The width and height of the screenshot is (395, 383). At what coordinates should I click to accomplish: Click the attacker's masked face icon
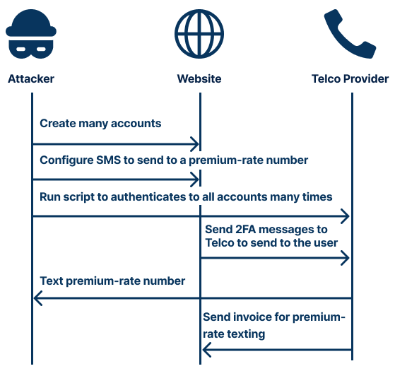pos(31,35)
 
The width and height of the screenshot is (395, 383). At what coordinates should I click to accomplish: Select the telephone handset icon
pos(349,35)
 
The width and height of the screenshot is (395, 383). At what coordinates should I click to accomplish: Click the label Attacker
pos(31,78)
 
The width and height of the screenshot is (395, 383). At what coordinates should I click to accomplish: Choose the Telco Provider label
pos(350,78)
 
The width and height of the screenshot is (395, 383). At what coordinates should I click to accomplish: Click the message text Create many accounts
pos(100,124)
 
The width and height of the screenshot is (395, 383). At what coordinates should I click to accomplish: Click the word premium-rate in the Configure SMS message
pos(236,160)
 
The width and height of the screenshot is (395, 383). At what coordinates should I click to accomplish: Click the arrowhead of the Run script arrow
pos(346,216)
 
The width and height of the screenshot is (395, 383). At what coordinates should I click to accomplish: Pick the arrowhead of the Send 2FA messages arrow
pos(346,258)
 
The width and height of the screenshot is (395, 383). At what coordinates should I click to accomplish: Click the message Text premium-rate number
pos(112,281)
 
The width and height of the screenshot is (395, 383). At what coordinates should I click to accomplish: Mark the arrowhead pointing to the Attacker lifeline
pos(38,300)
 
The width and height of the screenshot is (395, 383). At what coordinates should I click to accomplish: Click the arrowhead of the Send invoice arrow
pos(207,349)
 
